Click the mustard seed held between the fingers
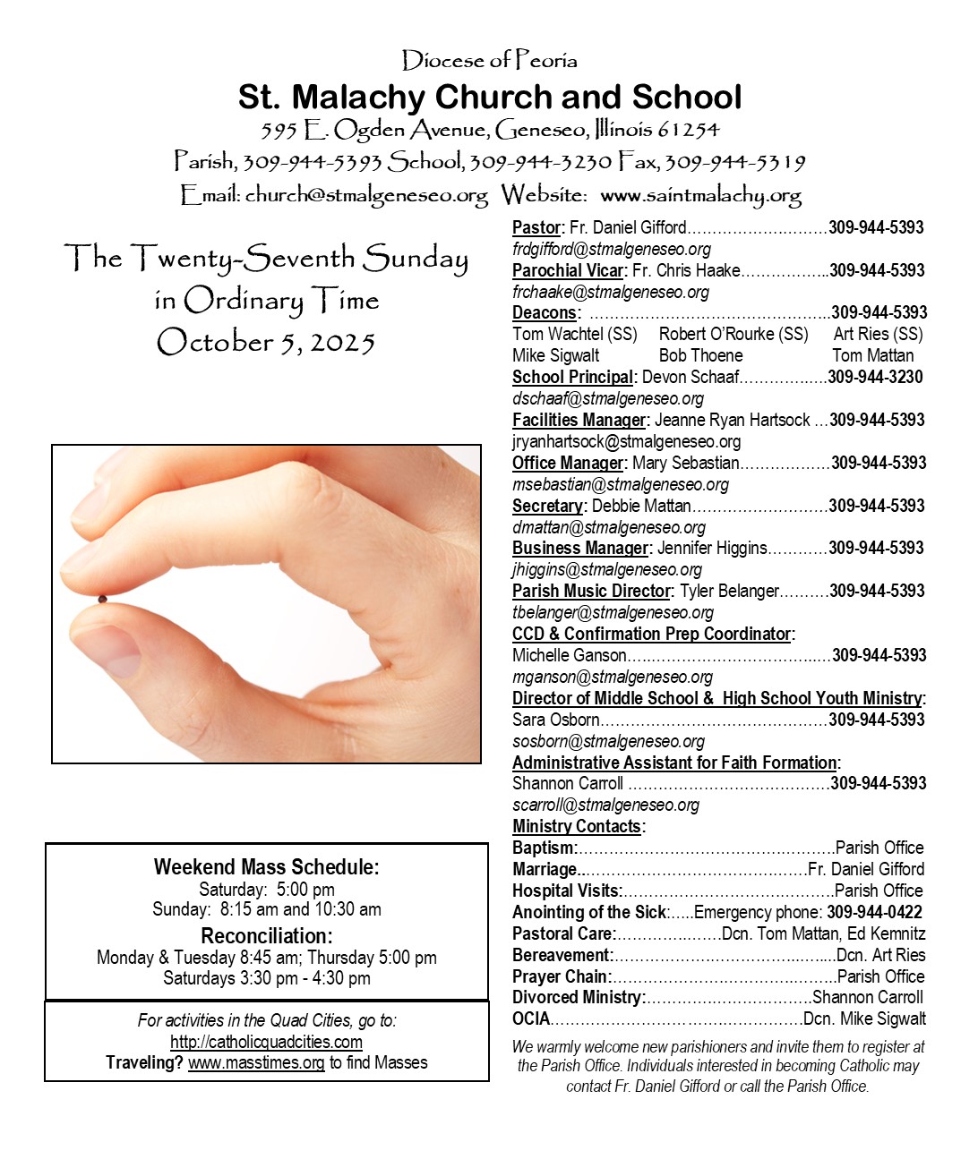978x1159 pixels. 102,599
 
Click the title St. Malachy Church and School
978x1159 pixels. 489,97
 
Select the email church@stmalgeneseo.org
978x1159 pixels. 366,195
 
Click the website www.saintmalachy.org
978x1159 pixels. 700,195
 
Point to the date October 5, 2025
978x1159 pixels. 266,342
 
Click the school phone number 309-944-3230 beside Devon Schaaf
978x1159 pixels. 875,377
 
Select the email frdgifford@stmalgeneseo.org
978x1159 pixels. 612,249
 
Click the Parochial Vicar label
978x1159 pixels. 568,270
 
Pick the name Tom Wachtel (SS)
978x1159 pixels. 574,334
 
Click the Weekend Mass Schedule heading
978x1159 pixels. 266,866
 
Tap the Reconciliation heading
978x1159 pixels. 266,936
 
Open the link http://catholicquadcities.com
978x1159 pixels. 266,1042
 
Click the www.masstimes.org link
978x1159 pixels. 256,1062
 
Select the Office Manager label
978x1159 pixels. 568,463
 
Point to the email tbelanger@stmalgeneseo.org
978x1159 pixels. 613,612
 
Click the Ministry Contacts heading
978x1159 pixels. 577,826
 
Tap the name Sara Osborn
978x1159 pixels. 555,720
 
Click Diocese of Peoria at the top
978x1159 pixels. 489,61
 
